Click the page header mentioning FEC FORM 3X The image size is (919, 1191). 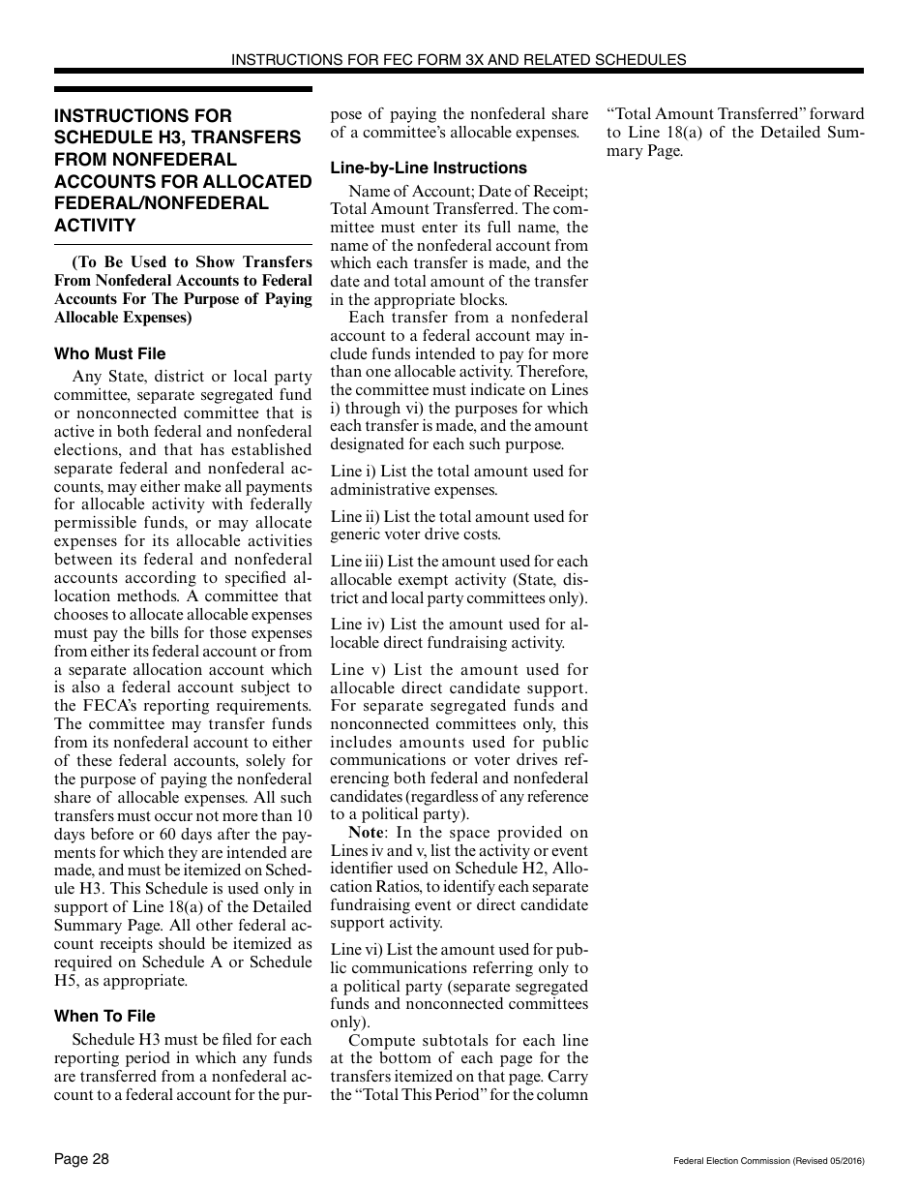pos(459,59)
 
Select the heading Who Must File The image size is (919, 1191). pos(109,353)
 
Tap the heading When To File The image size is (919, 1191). pos(104,1016)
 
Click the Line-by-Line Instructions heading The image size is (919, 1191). pos(429,168)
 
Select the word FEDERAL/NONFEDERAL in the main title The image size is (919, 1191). pos(162,203)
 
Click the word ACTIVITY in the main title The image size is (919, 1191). pos(95,226)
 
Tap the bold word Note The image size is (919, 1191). pos(366,833)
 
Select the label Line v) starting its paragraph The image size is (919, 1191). pos(355,670)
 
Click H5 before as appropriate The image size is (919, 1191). pos(65,980)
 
